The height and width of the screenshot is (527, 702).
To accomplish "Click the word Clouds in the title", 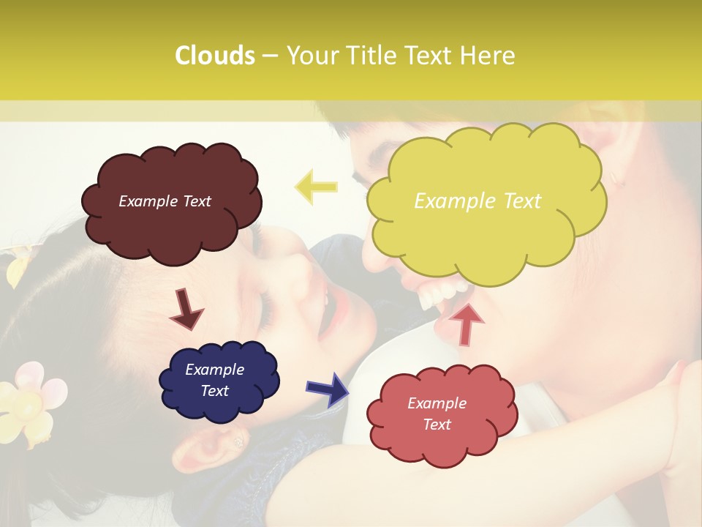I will pos(215,56).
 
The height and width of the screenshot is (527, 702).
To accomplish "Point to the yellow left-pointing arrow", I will pos(316,187).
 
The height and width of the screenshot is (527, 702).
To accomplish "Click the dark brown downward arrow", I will pos(186,308).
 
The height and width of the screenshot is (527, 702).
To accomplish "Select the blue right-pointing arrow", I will pos(327,388).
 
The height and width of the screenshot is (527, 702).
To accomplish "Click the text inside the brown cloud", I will pos(165,201).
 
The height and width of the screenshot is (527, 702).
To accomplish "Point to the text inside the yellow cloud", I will pos(478,201).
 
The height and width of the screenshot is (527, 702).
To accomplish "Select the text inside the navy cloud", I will pos(214,380).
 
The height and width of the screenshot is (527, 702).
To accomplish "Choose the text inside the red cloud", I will pos(437,414).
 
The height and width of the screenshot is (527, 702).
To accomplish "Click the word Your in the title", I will pos(312,56).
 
